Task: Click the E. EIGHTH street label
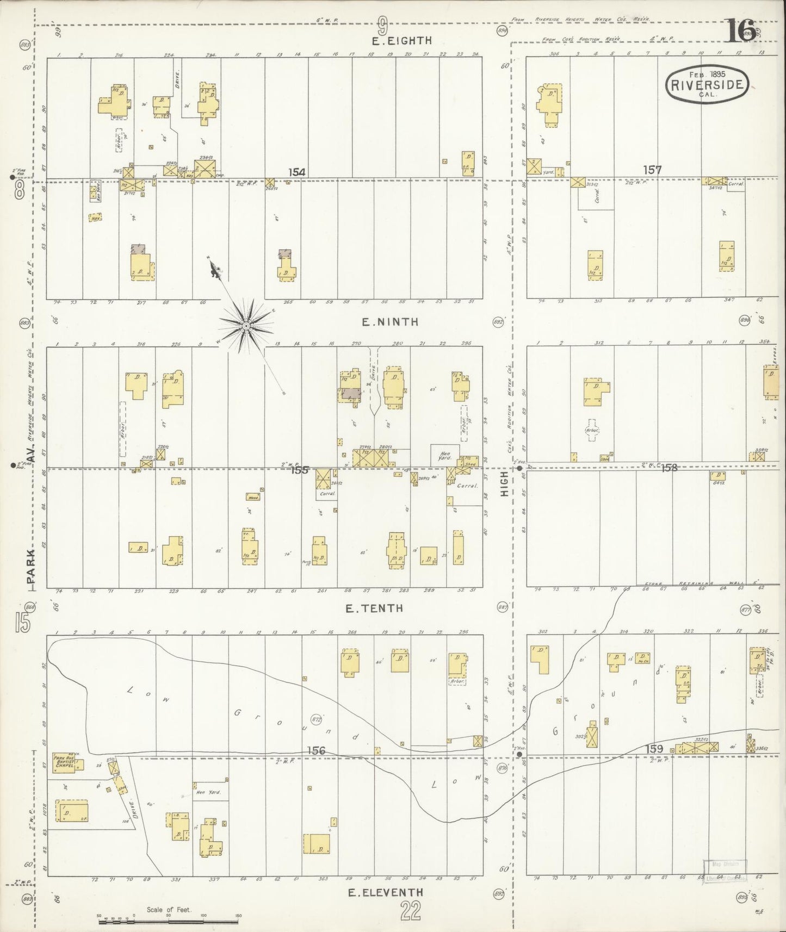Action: click(x=401, y=40)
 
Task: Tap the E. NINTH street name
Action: click(x=391, y=322)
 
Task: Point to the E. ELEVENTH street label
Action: click(x=385, y=892)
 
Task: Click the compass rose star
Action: click(x=246, y=326)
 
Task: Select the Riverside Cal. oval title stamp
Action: click(x=707, y=84)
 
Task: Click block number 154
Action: click(x=296, y=172)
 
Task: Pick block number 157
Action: click(x=652, y=170)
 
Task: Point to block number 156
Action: click(x=316, y=750)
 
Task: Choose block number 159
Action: click(x=654, y=749)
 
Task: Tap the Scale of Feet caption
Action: click(x=169, y=909)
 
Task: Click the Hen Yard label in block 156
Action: click(x=207, y=792)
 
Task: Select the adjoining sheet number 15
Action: click(x=22, y=622)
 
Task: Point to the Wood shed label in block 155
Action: click(x=253, y=497)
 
